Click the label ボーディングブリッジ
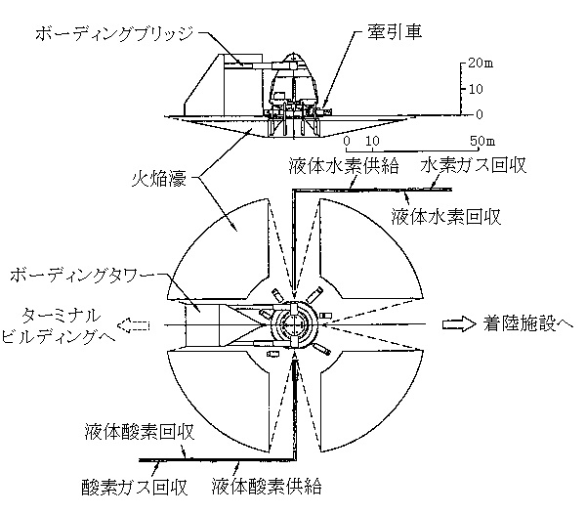pyautogui.click(x=114, y=33)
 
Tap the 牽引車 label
pyautogui.click(x=395, y=31)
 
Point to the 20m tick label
pyautogui.click(x=481, y=63)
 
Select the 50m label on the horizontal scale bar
pyautogui.click(x=482, y=141)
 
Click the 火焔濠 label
pyautogui.click(x=159, y=179)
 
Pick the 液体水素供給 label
pyautogui.click(x=344, y=165)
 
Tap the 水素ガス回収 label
pyautogui.click(x=473, y=165)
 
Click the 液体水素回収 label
pyautogui.click(x=446, y=217)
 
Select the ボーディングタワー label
pyautogui.click(x=82, y=276)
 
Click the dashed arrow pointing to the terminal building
pyautogui.click(x=134, y=325)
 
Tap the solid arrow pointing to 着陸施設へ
pyautogui.click(x=459, y=324)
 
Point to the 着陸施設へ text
pyautogui.click(x=528, y=323)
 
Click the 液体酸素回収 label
pyautogui.click(x=140, y=432)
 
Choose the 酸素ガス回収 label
pyautogui.click(x=135, y=488)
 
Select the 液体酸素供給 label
pyautogui.click(x=267, y=487)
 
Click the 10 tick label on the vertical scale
pyautogui.click(x=476, y=89)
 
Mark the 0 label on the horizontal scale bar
pyautogui.click(x=347, y=141)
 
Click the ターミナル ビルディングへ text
pyautogui.click(x=58, y=326)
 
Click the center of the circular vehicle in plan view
pyautogui.click(x=294, y=324)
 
